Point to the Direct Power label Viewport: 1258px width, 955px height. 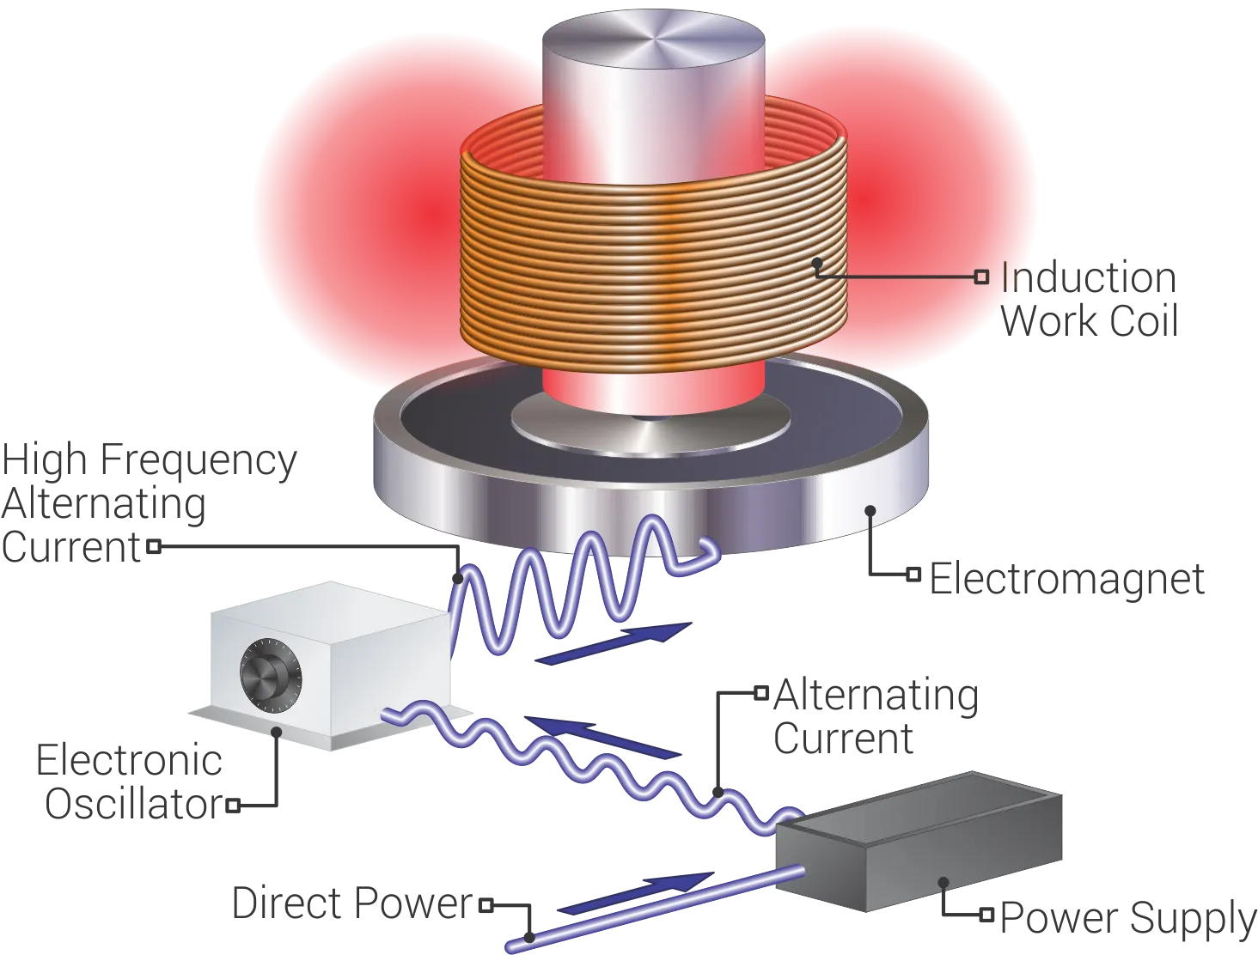click(x=353, y=904)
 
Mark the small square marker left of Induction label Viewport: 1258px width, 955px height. click(x=980, y=277)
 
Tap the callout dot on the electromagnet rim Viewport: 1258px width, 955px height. click(x=870, y=510)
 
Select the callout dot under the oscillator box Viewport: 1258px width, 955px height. click(x=276, y=731)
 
